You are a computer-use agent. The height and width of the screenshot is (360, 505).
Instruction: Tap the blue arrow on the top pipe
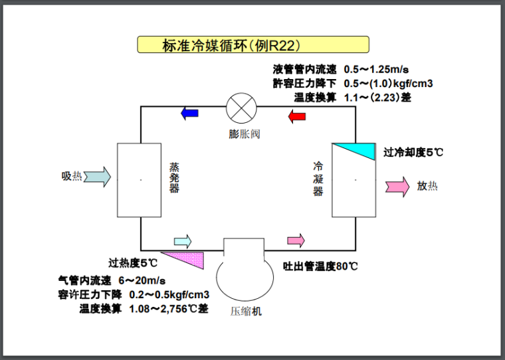[189, 113]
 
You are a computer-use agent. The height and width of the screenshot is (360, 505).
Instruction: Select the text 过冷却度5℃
[413, 152]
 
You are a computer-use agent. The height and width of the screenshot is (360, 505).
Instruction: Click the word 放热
[427, 186]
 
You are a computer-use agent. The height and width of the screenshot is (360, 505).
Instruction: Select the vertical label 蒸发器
[174, 177]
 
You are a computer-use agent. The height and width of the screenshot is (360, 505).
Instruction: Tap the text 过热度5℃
[134, 262]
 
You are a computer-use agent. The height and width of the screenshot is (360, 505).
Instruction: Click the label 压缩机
[247, 310]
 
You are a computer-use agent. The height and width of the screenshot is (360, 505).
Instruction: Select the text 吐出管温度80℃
[320, 267]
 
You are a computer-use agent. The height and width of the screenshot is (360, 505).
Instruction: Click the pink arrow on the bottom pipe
[295, 240]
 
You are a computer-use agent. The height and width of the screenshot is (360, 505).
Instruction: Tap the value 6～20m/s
[142, 280]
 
